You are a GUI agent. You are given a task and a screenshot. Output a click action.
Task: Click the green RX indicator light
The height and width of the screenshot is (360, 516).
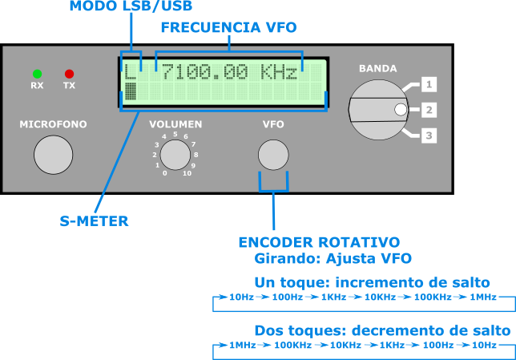pyautogui.click(x=37, y=74)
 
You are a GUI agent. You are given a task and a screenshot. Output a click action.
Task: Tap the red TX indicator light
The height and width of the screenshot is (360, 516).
pyautogui.click(x=69, y=74)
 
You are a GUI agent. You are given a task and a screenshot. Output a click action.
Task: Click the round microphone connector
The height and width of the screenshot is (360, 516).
pyautogui.click(x=53, y=155)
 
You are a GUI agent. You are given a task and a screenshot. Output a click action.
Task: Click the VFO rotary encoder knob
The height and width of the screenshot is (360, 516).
pyautogui.click(x=273, y=155)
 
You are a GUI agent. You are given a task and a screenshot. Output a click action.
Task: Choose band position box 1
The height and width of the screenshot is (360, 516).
pyautogui.click(x=429, y=84)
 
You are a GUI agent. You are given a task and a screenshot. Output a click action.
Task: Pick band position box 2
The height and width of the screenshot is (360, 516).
pyautogui.click(x=429, y=110)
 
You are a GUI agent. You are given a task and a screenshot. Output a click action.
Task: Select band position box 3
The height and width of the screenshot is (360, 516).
pyautogui.click(x=429, y=136)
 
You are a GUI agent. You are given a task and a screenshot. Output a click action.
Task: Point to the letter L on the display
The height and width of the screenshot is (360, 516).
pyautogui.click(x=130, y=73)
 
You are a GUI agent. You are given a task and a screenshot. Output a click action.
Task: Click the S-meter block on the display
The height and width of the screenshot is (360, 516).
pyautogui.click(x=131, y=93)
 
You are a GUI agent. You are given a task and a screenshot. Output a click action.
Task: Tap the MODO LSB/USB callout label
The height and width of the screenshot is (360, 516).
pyautogui.click(x=131, y=6)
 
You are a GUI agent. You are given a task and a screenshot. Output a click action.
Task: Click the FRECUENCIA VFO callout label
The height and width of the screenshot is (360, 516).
pyautogui.click(x=228, y=27)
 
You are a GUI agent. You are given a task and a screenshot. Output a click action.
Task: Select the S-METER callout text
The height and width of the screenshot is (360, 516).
pyautogui.click(x=94, y=221)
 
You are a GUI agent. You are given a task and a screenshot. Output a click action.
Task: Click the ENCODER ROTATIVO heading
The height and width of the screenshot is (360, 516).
pyautogui.click(x=319, y=242)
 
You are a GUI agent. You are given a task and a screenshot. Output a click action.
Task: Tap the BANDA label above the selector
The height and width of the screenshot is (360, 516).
pyautogui.click(x=377, y=69)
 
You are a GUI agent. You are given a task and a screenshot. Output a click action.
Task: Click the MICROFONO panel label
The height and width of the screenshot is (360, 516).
pyautogui.click(x=53, y=125)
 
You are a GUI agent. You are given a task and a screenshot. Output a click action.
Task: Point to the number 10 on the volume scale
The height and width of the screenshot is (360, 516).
pyautogui.click(x=187, y=173)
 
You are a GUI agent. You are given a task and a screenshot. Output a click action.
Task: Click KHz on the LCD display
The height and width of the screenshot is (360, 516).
pyautogui.click(x=280, y=73)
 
